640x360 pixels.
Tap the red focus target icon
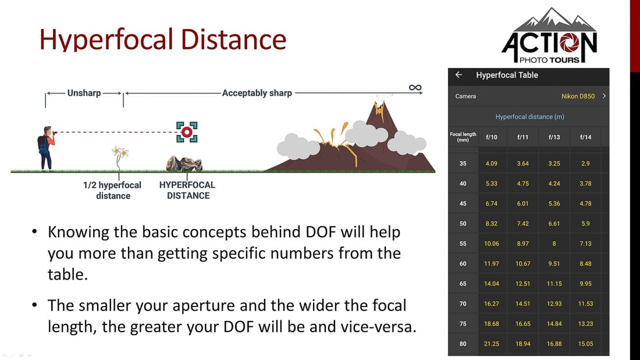187,132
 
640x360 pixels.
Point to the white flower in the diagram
120,154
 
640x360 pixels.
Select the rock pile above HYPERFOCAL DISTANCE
184,163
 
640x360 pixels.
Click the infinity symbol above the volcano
415,88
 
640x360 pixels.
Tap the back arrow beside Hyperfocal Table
458,75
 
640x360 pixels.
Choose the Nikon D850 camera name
578,96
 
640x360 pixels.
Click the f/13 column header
554,137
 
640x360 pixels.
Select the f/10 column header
492,137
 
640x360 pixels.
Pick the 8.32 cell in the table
492,223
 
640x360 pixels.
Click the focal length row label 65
463,284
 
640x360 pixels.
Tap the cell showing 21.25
492,344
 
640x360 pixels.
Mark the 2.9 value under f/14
585,163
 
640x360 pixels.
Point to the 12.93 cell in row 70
554,304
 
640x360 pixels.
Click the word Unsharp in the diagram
84,92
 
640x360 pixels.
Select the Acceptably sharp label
257,92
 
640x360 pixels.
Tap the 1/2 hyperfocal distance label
112,190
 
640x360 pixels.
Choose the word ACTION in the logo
549,45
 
